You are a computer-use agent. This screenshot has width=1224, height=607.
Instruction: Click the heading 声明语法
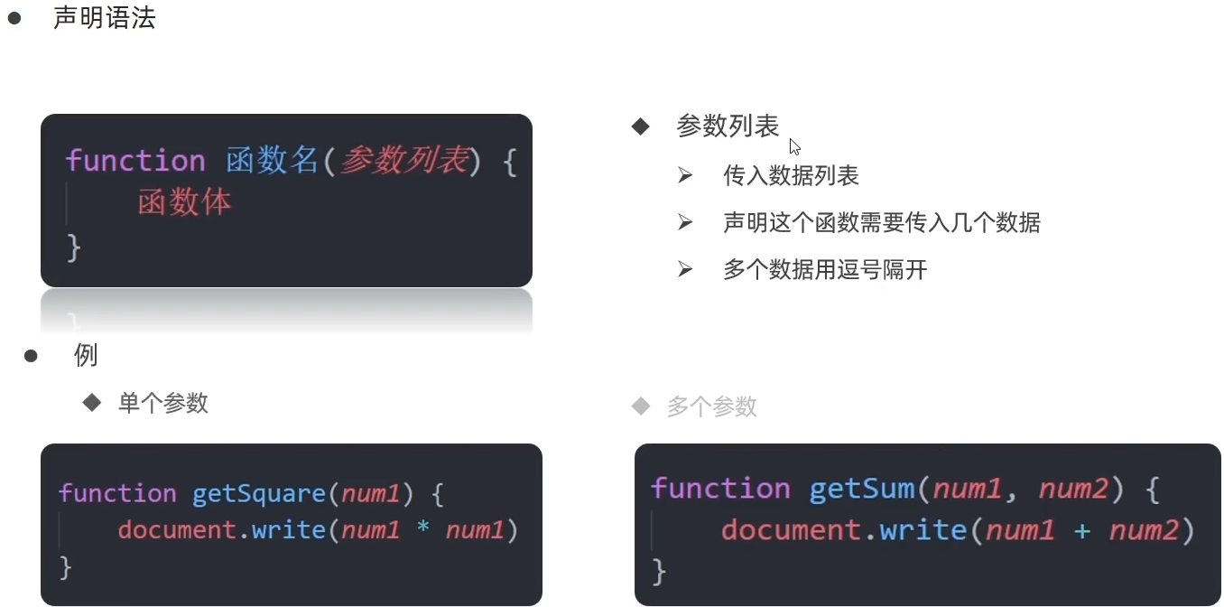coord(104,18)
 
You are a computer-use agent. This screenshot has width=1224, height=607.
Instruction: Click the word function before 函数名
coord(135,161)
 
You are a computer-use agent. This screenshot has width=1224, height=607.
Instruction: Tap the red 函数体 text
coord(184,201)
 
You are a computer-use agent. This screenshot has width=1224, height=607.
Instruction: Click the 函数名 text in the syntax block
coord(272,161)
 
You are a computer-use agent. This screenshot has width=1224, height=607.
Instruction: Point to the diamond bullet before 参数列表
coord(641,126)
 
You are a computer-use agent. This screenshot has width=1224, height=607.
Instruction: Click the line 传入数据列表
coord(791,175)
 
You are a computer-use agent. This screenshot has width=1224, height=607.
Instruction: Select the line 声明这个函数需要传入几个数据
coord(881,222)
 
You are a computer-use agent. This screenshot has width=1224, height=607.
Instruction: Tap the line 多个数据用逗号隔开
coord(825,269)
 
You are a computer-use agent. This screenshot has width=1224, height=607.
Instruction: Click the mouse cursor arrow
coord(794,146)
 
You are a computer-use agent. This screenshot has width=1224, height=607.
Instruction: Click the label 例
coord(86,355)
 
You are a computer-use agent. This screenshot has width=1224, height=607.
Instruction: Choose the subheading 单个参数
coord(162,403)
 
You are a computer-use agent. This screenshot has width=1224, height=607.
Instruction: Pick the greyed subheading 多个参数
coord(711,406)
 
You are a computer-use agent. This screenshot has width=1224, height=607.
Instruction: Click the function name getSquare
coord(259,493)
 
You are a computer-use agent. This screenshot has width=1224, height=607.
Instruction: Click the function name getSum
coord(862,489)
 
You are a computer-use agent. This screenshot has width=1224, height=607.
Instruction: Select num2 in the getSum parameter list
coord(1073,489)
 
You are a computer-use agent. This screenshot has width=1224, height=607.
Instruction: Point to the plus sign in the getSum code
coord(1082,531)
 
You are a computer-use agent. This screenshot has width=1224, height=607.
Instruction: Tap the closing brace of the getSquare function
coord(65,567)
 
